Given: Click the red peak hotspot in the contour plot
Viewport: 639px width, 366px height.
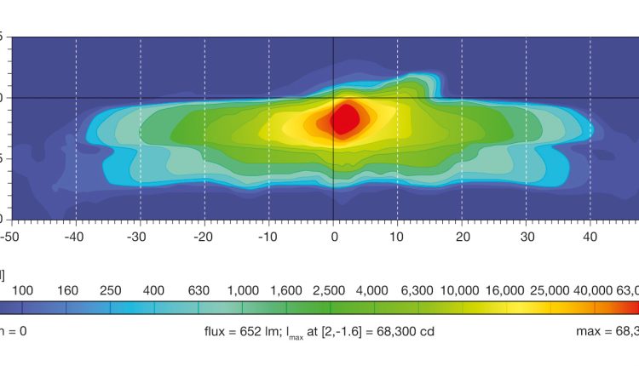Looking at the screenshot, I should [344, 118].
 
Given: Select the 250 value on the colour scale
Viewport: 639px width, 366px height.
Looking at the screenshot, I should [110, 290].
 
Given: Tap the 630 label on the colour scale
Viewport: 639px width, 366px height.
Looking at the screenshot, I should [199, 290].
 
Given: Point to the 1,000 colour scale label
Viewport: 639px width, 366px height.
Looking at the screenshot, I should [243, 290].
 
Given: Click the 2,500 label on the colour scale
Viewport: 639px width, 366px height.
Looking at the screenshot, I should [331, 290].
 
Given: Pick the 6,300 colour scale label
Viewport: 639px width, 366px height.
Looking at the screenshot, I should [420, 290].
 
